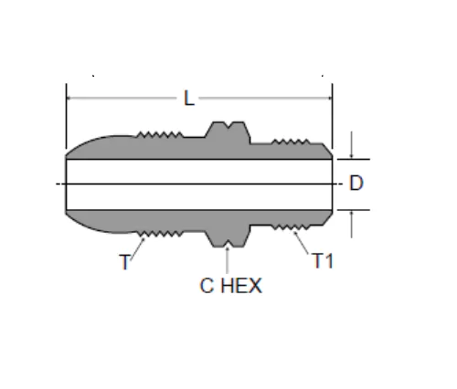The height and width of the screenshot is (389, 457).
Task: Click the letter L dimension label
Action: (189, 98)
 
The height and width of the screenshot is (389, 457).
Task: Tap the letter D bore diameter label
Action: (356, 183)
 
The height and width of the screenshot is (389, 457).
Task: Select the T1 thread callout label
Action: (324, 261)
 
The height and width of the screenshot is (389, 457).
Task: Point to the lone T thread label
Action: (125, 262)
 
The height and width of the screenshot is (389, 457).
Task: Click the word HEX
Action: (241, 286)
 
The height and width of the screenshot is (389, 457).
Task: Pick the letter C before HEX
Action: (207, 286)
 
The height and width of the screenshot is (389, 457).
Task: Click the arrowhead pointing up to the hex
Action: (227, 248)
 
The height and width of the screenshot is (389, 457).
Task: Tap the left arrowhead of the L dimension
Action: (69, 98)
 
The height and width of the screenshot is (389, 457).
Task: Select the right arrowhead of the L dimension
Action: (329, 98)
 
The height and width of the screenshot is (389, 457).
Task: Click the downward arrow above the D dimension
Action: (352, 145)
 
